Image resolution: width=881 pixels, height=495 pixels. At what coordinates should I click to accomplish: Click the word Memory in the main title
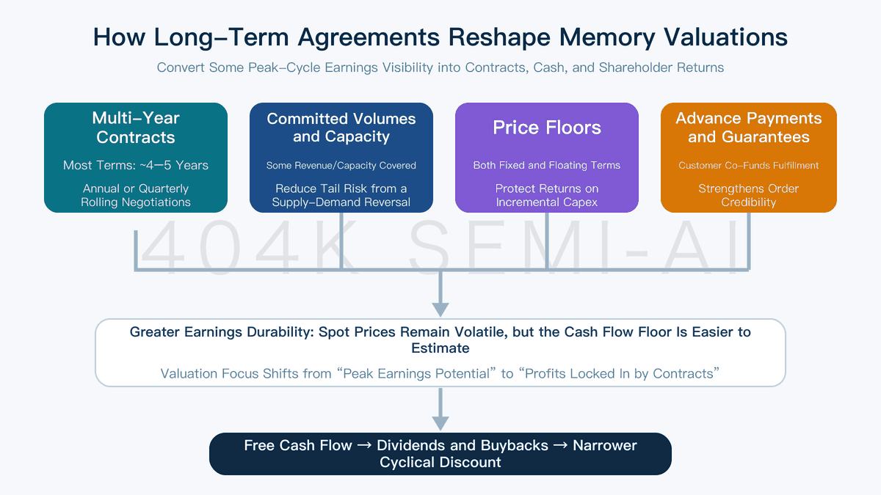607,37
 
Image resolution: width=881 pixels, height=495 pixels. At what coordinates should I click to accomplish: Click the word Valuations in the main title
725,37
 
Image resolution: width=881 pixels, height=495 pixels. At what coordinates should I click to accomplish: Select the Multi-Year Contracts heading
136,128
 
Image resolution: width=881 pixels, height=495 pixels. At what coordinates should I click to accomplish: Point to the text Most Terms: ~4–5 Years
136,166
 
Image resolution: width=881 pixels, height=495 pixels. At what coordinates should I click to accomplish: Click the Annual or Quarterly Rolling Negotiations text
136,195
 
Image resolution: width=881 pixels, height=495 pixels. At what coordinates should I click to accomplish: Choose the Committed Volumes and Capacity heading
341,128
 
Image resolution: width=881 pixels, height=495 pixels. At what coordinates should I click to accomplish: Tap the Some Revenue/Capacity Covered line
341,166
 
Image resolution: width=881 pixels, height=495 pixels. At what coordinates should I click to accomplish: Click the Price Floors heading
547,128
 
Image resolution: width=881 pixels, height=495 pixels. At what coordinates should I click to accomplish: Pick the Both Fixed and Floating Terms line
547,166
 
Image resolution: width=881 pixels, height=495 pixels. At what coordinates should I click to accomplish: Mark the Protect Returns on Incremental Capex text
547,195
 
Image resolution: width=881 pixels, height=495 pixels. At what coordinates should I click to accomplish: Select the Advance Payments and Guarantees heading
748,128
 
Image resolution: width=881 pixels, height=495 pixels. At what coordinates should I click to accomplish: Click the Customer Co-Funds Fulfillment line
748,166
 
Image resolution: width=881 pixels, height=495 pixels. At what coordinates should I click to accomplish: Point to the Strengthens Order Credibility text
748,195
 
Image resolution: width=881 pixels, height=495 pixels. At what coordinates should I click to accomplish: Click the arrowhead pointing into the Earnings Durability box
440,309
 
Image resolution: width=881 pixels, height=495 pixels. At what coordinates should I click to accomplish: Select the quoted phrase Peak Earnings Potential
416,373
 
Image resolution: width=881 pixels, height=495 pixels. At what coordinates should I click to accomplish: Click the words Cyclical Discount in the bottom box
440,463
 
